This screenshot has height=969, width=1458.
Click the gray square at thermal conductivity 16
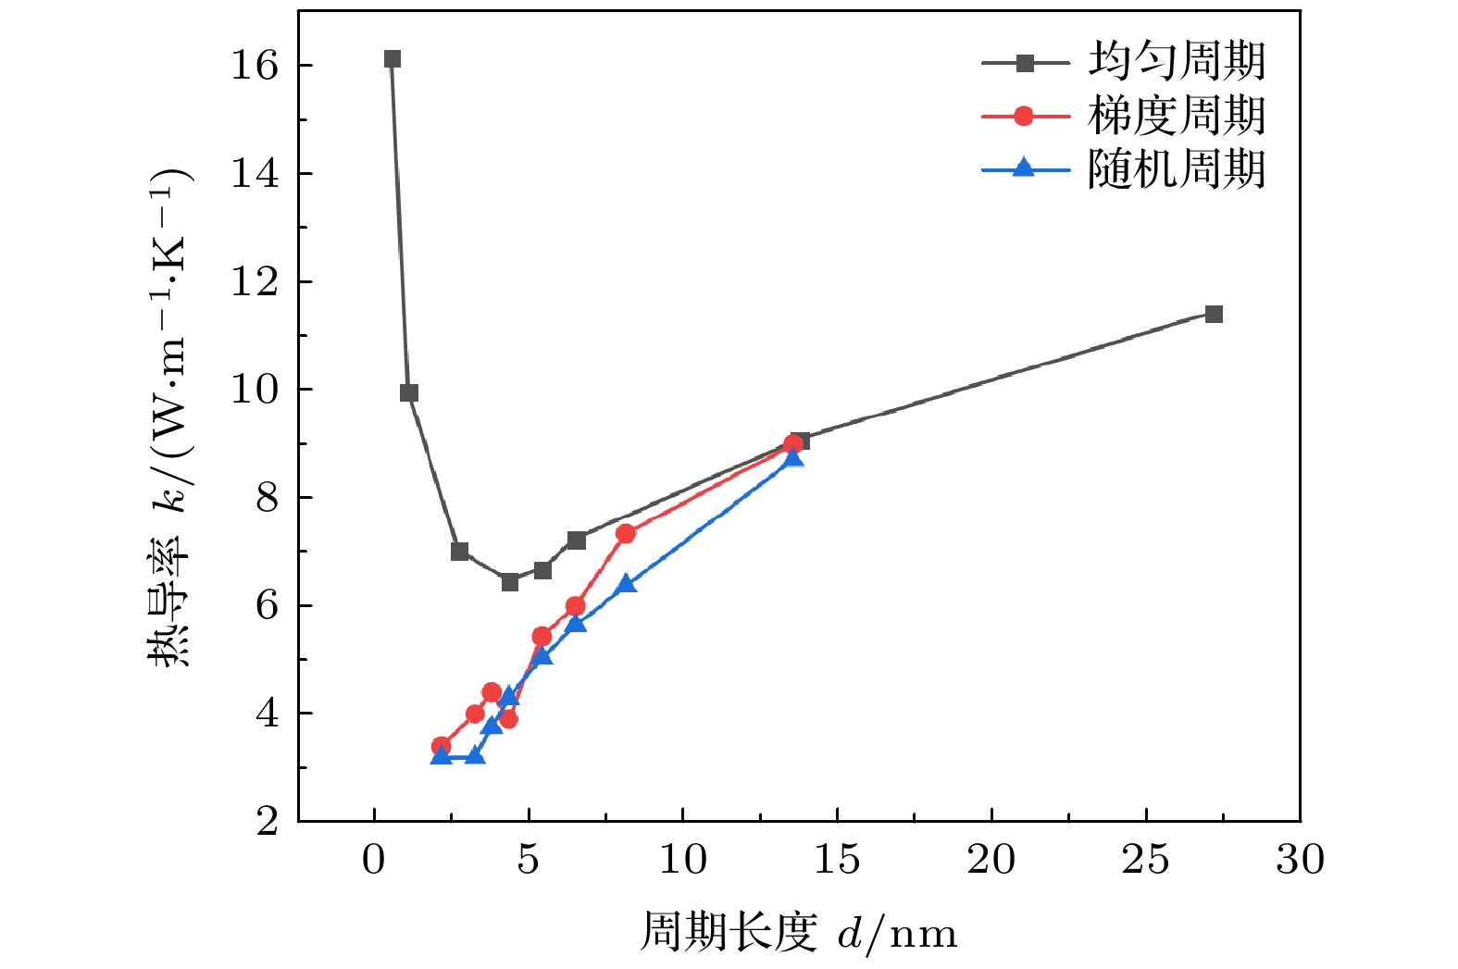[x=392, y=59]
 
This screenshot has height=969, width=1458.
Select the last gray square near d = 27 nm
[x=1214, y=314]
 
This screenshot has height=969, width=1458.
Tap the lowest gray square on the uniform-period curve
[x=509, y=581]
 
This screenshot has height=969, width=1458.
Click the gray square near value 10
[x=409, y=393]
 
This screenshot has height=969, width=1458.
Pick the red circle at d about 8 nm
[x=626, y=533]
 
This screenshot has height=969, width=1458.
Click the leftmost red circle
[x=441, y=746]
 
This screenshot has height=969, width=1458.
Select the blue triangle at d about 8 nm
[x=626, y=583]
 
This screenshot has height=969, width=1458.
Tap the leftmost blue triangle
[x=441, y=755]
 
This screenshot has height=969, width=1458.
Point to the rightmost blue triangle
[x=793, y=457]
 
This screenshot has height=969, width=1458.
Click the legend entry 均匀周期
[x=1176, y=62]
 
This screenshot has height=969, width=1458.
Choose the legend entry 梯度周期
[x=1176, y=116]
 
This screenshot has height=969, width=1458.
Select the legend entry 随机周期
[x=1176, y=169]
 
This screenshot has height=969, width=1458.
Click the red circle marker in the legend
[x=1024, y=116]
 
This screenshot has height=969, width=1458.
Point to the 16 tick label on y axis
[x=255, y=66]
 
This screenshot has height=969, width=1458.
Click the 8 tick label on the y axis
[x=267, y=498]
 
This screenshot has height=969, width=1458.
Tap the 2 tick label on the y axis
[x=267, y=821]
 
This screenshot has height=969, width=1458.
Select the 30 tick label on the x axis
[x=1300, y=860]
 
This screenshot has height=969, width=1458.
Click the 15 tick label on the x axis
[x=837, y=860]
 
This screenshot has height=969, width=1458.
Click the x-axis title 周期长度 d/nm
[x=798, y=933]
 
